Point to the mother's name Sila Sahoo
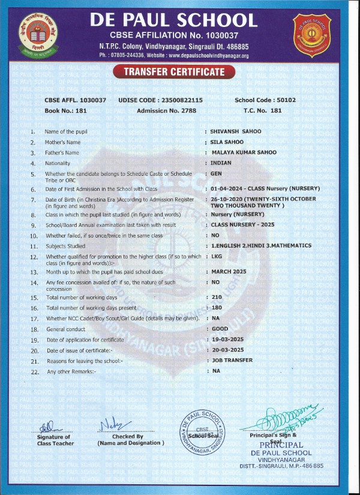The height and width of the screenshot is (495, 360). [227, 142]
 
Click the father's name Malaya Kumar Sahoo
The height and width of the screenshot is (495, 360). [244, 152]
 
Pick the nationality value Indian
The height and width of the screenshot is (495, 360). [223, 163]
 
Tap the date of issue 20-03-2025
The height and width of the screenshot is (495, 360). [227, 350]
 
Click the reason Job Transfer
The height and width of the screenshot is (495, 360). [232, 361]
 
